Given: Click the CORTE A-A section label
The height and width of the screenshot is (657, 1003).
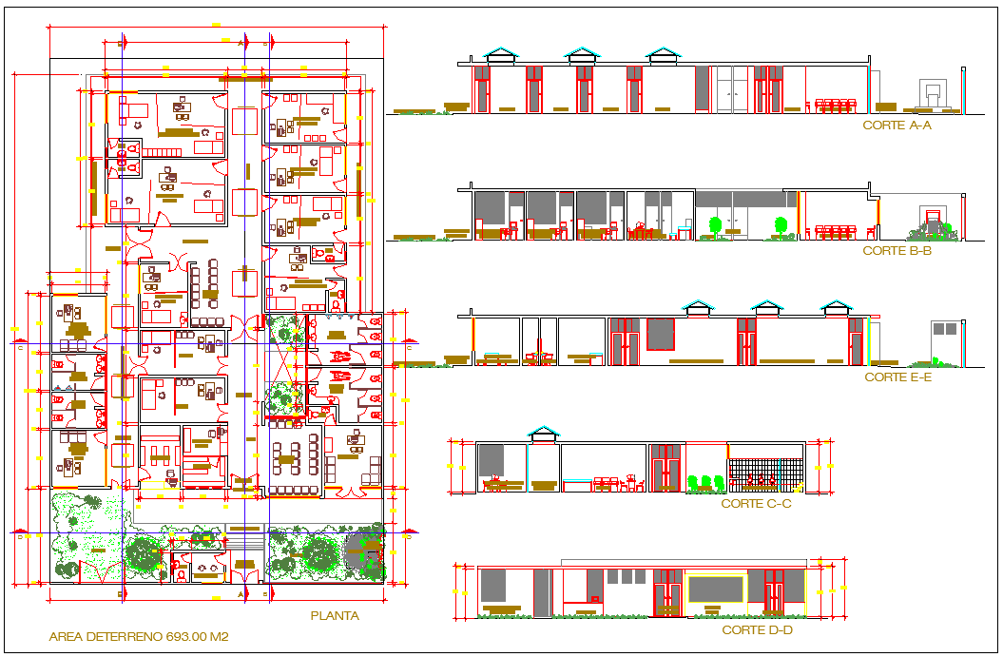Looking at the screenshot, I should [x=897, y=125].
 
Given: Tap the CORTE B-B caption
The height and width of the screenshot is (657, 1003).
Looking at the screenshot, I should [x=897, y=251].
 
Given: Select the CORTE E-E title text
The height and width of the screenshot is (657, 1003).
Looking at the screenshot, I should [x=897, y=377].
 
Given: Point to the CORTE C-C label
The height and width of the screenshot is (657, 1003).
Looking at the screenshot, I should [x=756, y=503].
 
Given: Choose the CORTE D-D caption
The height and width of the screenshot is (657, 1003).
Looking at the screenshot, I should [x=757, y=629].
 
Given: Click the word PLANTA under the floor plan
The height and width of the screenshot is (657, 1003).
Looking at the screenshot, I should [x=335, y=615].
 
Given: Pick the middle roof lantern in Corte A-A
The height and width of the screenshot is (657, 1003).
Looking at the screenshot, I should [x=582, y=56].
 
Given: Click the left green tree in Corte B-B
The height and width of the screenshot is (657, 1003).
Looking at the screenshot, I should [x=715, y=226].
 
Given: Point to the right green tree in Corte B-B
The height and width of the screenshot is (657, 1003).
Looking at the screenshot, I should [x=781, y=226].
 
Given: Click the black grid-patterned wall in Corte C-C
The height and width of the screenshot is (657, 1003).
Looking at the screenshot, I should [x=766, y=473].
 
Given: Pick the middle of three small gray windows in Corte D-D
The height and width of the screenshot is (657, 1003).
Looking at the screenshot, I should [x=627, y=576].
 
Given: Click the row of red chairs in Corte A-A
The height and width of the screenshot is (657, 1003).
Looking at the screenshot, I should [x=837, y=105].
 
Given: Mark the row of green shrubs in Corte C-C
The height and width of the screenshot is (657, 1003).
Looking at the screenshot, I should [x=704, y=483].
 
